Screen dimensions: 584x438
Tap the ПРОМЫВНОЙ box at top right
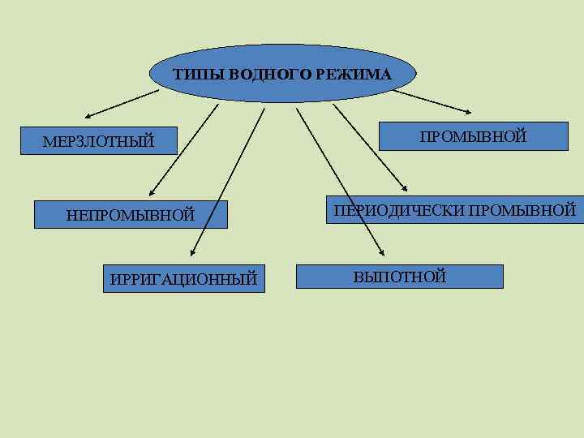(474, 135)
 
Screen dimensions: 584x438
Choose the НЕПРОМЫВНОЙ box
(131, 214)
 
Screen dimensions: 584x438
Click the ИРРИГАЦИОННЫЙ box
(183, 278)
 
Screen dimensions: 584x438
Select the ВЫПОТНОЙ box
(399, 276)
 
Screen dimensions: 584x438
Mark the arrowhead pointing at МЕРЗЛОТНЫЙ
(88, 114)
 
